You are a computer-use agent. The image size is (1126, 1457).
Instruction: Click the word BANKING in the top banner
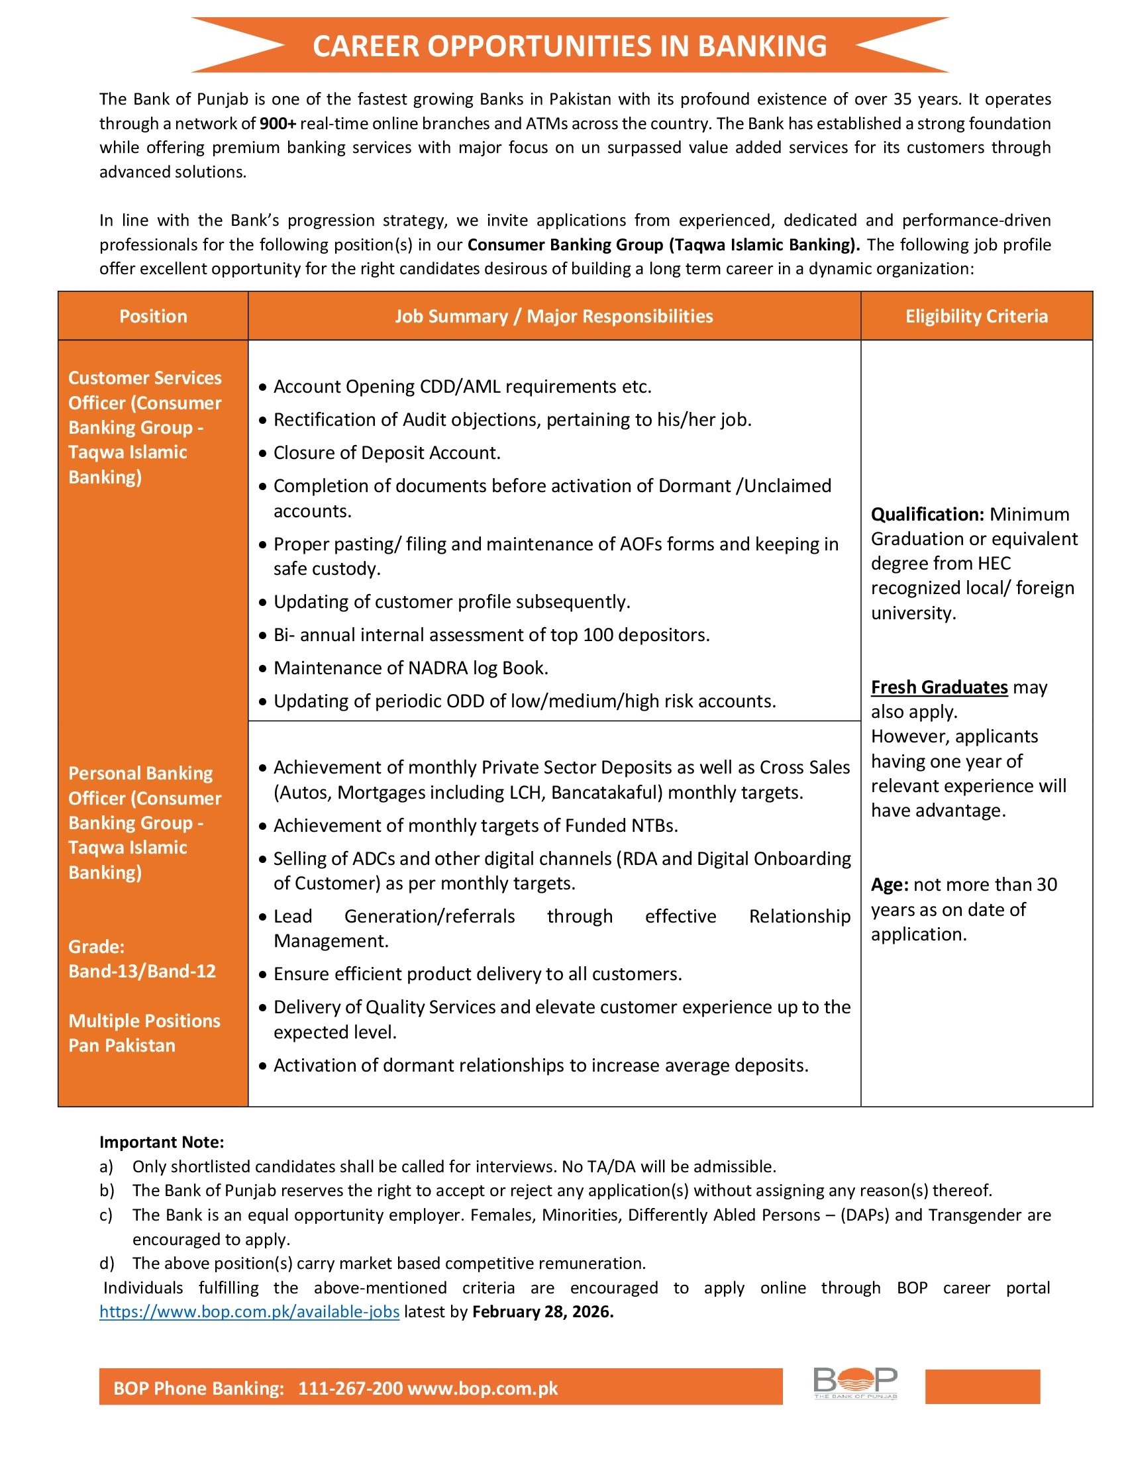point(762,46)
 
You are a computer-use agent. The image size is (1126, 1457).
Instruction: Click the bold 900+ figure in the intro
point(278,123)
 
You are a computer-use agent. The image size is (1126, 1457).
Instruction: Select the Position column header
point(153,316)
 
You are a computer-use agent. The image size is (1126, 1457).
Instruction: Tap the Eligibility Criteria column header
point(976,316)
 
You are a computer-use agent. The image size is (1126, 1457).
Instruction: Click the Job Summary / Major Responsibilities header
point(554,316)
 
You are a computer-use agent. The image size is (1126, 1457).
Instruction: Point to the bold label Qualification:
point(927,515)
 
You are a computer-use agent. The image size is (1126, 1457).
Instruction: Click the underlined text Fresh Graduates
point(939,687)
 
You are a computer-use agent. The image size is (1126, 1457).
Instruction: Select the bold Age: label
point(889,885)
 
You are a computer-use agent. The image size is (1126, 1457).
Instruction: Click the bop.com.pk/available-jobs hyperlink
point(250,1311)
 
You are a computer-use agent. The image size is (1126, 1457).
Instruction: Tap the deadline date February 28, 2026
point(542,1311)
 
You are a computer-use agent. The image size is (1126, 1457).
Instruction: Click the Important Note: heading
point(162,1142)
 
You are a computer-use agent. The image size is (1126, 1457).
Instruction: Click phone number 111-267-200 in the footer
point(350,1388)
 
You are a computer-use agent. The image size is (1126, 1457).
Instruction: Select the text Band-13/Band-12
point(142,972)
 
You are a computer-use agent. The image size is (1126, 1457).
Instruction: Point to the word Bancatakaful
point(606,793)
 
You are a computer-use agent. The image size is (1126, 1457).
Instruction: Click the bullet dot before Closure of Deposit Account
point(263,454)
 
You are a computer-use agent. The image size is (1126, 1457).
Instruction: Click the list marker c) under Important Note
point(106,1215)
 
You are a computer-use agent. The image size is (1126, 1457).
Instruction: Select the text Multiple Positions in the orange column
point(144,1021)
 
